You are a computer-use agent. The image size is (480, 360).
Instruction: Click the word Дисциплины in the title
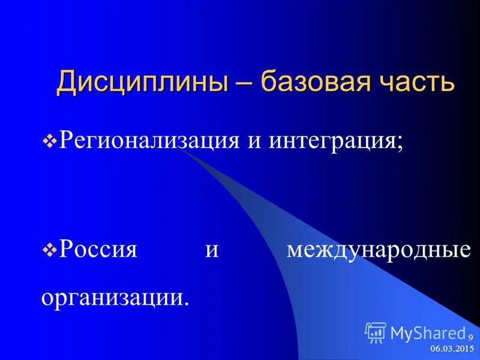pos(143,82)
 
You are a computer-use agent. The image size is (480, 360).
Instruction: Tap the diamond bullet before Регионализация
pos(50,142)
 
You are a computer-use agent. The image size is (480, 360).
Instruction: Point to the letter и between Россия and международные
pos(212,248)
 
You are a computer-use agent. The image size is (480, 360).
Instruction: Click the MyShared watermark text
pos(427,332)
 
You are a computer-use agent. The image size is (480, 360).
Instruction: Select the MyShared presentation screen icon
pos(375,332)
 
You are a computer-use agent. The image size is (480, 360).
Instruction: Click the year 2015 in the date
pos(465,349)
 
